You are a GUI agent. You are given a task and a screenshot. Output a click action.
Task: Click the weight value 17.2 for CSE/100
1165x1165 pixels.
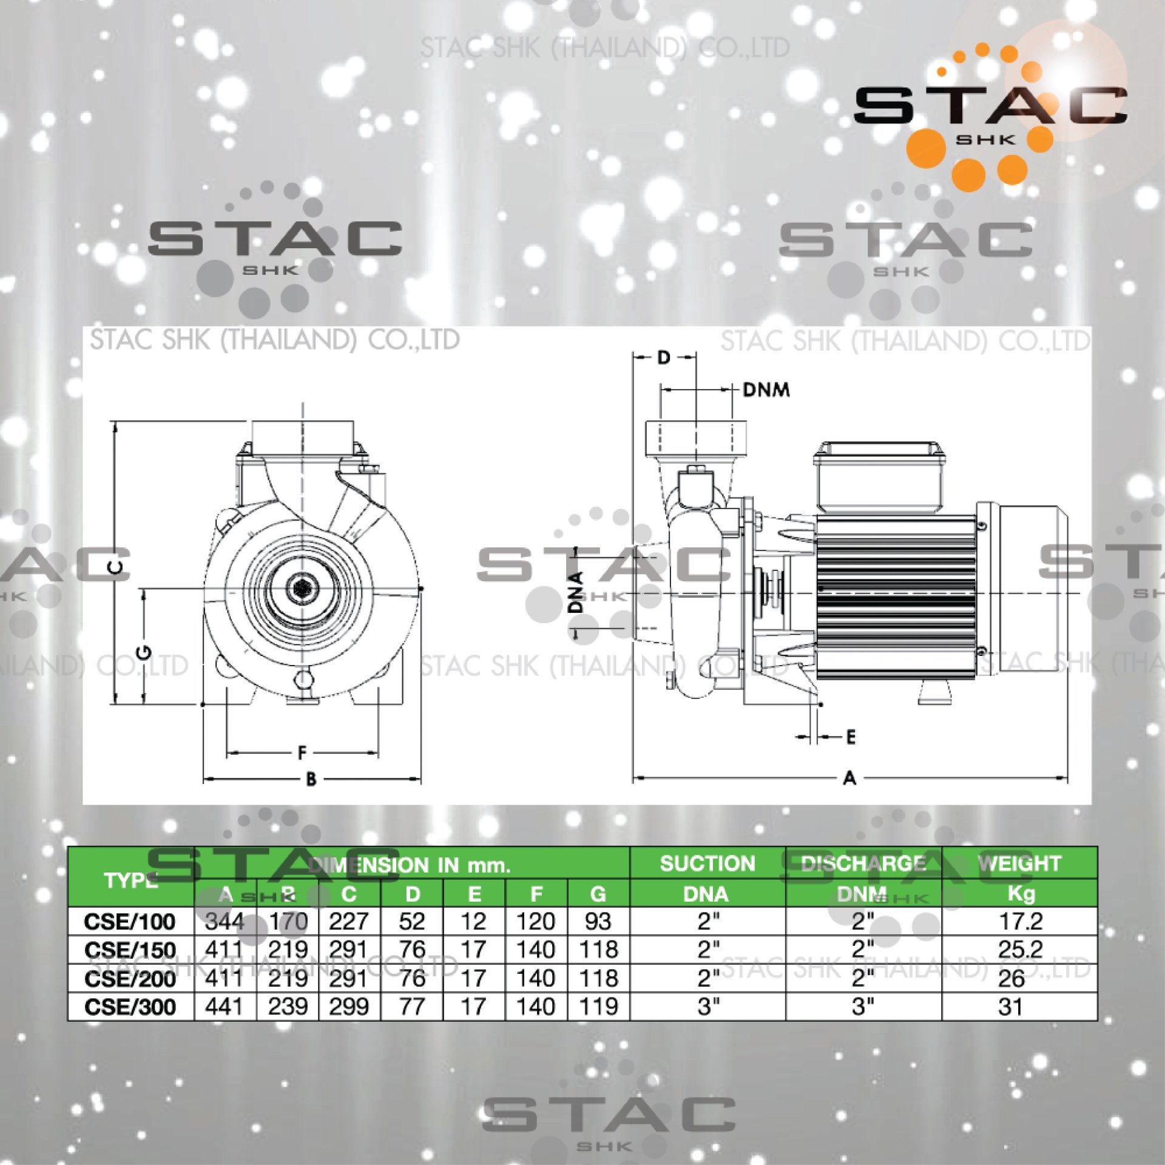pyautogui.click(x=1021, y=921)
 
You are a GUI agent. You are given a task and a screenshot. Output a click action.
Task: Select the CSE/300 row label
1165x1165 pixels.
pyautogui.click(x=130, y=1007)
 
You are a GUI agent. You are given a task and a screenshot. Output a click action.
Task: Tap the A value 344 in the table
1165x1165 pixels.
pyautogui.click(x=225, y=921)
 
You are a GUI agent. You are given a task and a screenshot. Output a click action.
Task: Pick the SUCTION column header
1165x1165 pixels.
pyautogui.click(x=707, y=863)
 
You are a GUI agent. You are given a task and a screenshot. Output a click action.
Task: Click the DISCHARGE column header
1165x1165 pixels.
pyautogui.click(x=863, y=863)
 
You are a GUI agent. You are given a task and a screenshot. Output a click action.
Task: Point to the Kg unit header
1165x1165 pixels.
pyautogui.click(x=1021, y=893)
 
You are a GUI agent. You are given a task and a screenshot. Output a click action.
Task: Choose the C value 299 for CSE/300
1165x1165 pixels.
pyautogui.click(x=349, y=1007)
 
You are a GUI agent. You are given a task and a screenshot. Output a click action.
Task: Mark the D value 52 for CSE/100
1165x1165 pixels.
pyautogui.click(x=411, y=921)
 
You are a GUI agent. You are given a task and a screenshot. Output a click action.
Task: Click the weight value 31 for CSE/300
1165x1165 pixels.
pyautogui.click(x=1010, y=1007)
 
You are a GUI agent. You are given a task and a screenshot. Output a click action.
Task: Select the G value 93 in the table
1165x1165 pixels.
pyautogui.click(x=598, y=921)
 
